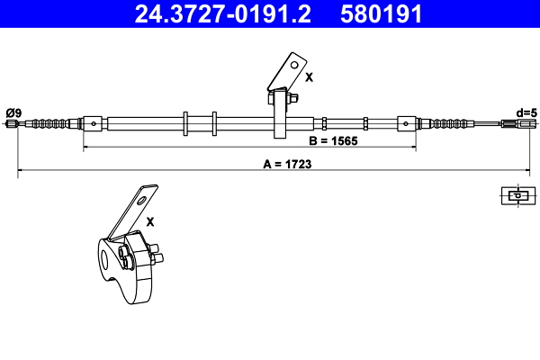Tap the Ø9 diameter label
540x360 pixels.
point(13,112)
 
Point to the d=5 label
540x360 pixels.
point(526,112)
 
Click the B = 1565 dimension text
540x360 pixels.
point(334,140)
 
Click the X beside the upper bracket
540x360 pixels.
point(309,77)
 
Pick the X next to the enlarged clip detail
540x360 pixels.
point(150,220)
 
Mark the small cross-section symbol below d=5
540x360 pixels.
point(517,194)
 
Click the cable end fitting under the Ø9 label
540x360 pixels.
point(13,123)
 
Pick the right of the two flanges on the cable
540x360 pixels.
point(214,124)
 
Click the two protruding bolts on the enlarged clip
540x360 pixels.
point(157,254)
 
